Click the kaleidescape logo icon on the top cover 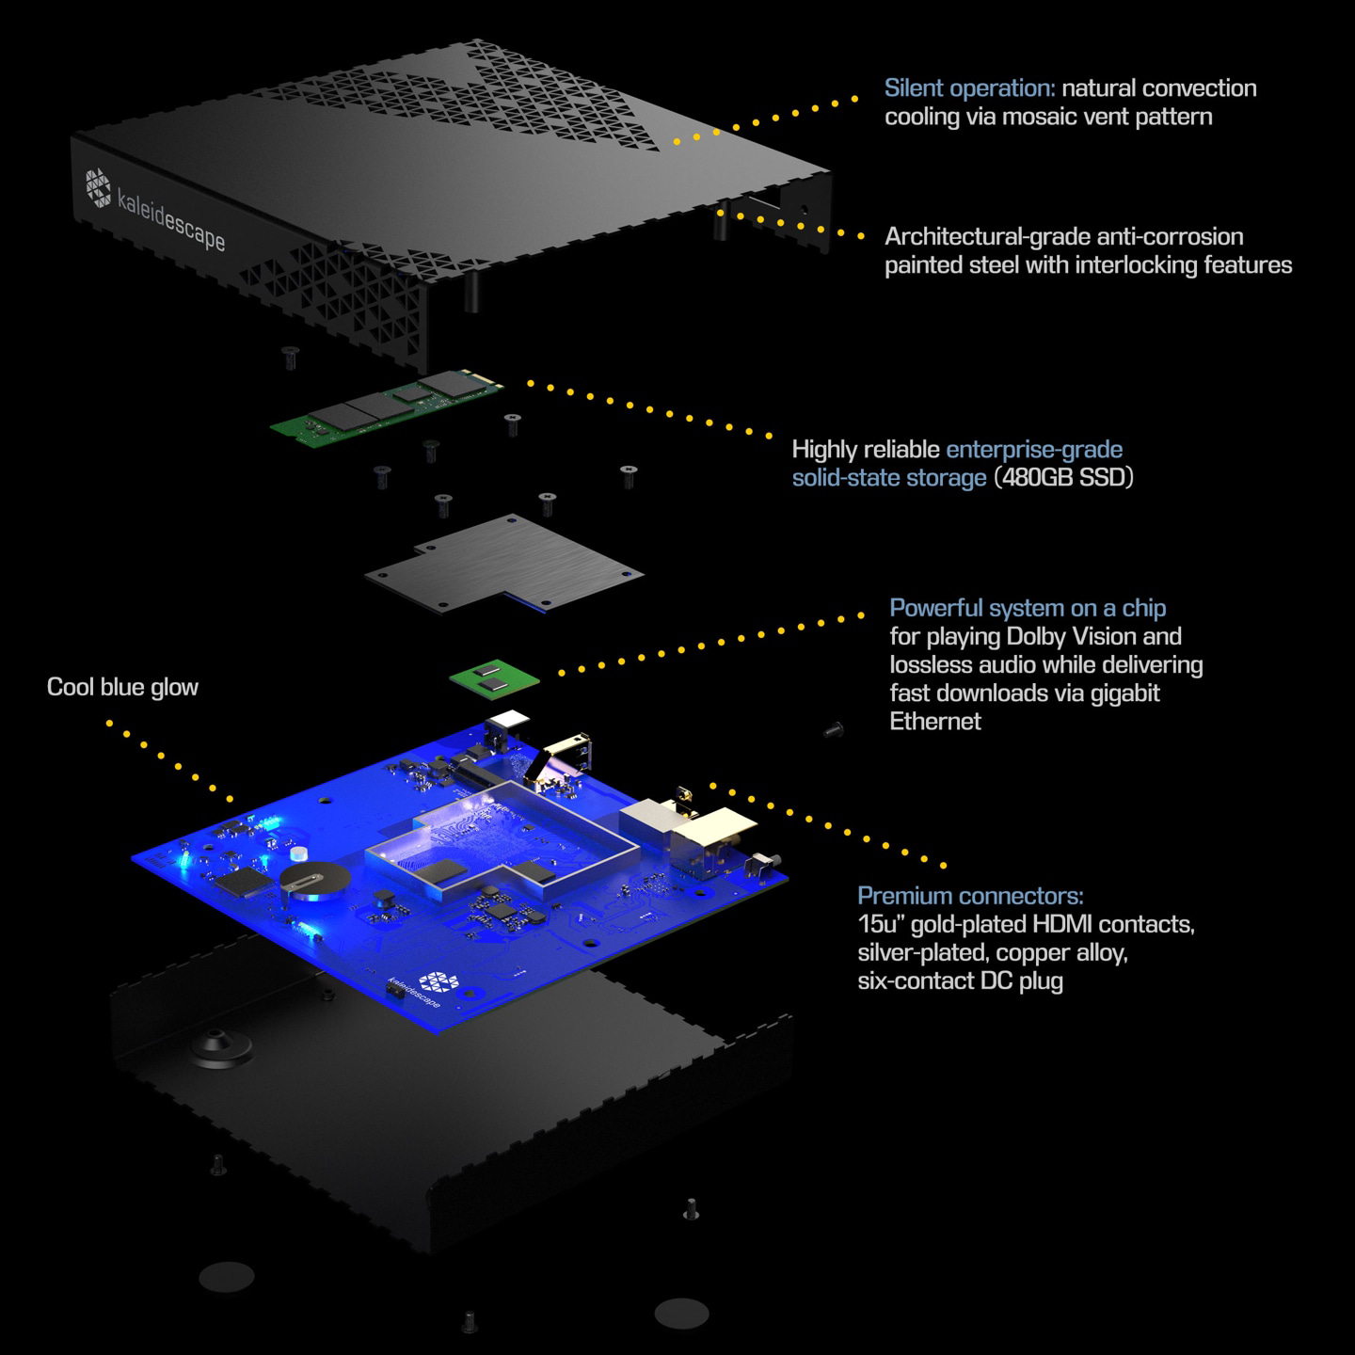[x=99, y=188]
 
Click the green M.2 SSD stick [x=388, y=406]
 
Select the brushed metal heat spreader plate [x=503, y=563]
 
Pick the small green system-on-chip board [x=494, y=678]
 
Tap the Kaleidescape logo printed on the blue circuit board [x=438, y=981]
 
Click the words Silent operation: [x=969, y=88]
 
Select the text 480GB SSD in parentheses [x=1063, y=477]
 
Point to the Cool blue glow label [x=122, y=687]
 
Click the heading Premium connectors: [x=970, y=896]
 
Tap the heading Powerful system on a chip [x=1028, y=608]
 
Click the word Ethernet [x=935, y=722]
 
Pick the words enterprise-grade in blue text [x=1034, y=450]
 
